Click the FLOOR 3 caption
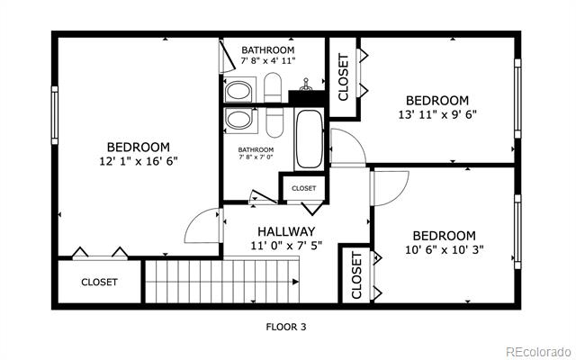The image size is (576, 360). tap(286, 327)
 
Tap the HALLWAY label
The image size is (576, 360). tap(286, 231)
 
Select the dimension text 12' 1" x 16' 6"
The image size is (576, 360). tap(139, 161)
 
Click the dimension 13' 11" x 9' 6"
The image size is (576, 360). tap(437, 114)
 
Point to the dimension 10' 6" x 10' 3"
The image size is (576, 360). tap(444, 250)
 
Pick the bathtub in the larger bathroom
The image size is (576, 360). tap(309, 139)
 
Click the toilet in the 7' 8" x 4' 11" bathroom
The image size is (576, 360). tap(273, 87)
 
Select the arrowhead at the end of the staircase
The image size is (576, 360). tap(295, 282)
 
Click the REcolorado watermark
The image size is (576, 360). tap(539, 352)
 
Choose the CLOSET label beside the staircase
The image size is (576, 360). tap(99, 282)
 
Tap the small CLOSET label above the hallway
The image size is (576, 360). tap(304, 188)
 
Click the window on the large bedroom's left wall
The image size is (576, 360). tap(55, 115)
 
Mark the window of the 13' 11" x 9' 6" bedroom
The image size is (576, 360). tap(517, 98)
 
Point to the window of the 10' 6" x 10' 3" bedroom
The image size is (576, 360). tap(517, 231)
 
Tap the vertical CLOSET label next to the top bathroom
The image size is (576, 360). tap(343, 77)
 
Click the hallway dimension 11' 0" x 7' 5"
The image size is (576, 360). tap(286, 246)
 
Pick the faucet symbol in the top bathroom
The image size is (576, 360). tap(305, 85)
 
